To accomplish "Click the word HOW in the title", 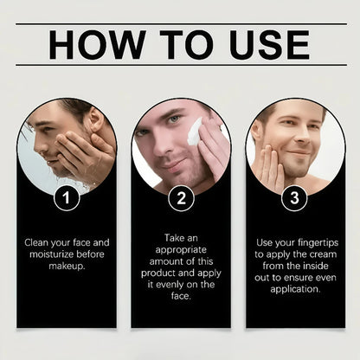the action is pos(97,45).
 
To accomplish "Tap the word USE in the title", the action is pos(269,45).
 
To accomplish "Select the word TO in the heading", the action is pos(188,45).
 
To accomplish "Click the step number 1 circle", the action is pos(67,198).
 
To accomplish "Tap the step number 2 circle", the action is pos(182,198).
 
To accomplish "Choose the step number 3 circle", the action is pos(294,198).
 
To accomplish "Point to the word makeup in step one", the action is pos(67,267).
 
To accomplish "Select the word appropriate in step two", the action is pos(181,250).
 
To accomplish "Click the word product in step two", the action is pos(158,273).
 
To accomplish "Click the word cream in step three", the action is pos(324,254).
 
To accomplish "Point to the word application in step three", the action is pos(295,289).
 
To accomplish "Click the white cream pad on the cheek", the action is pos(194,132).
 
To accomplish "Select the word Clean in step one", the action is pos(36,242).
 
